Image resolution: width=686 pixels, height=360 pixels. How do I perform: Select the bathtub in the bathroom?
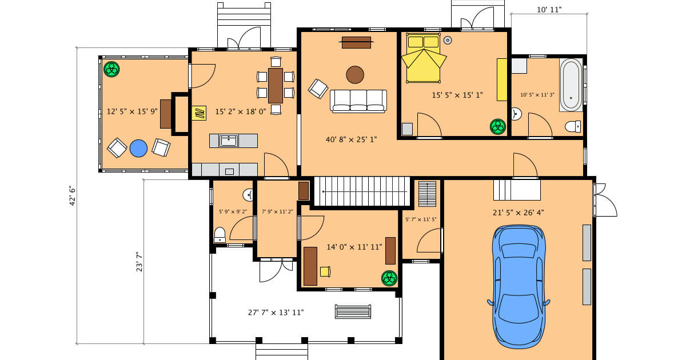(x=571, y=85)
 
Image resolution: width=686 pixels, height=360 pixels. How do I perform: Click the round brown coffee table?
(x=355, y=74)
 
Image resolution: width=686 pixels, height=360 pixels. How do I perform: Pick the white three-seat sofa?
(x=358, y=101)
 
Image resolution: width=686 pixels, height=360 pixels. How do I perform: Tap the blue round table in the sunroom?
(x=138, y=149)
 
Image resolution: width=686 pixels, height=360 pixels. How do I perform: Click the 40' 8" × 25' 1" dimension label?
(x=351, y=139)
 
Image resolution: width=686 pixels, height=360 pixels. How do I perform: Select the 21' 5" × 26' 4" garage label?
(x=518, y=213)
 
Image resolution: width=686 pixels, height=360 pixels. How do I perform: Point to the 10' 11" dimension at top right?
(x=549, y=9)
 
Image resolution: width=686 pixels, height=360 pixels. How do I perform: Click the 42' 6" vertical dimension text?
(x=73, y=195)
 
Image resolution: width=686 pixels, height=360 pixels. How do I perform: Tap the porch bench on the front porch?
(x=353, y=311)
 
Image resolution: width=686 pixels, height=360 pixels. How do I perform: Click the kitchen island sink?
(x=229, y=140)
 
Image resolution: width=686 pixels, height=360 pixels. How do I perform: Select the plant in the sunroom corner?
(x=111, y=69)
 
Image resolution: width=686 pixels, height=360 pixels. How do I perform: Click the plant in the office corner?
(x=389, y=278)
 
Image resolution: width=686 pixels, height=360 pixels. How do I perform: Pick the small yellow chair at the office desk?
(x=325, y=271)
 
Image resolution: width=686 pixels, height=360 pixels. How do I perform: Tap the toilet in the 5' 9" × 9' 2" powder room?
(x=220, y=234)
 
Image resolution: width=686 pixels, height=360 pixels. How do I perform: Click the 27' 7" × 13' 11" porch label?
(x=276, y=313)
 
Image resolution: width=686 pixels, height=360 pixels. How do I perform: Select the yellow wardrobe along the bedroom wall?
(x=502, y=79)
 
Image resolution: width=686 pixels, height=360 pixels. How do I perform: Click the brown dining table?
(x=276, y=85)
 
